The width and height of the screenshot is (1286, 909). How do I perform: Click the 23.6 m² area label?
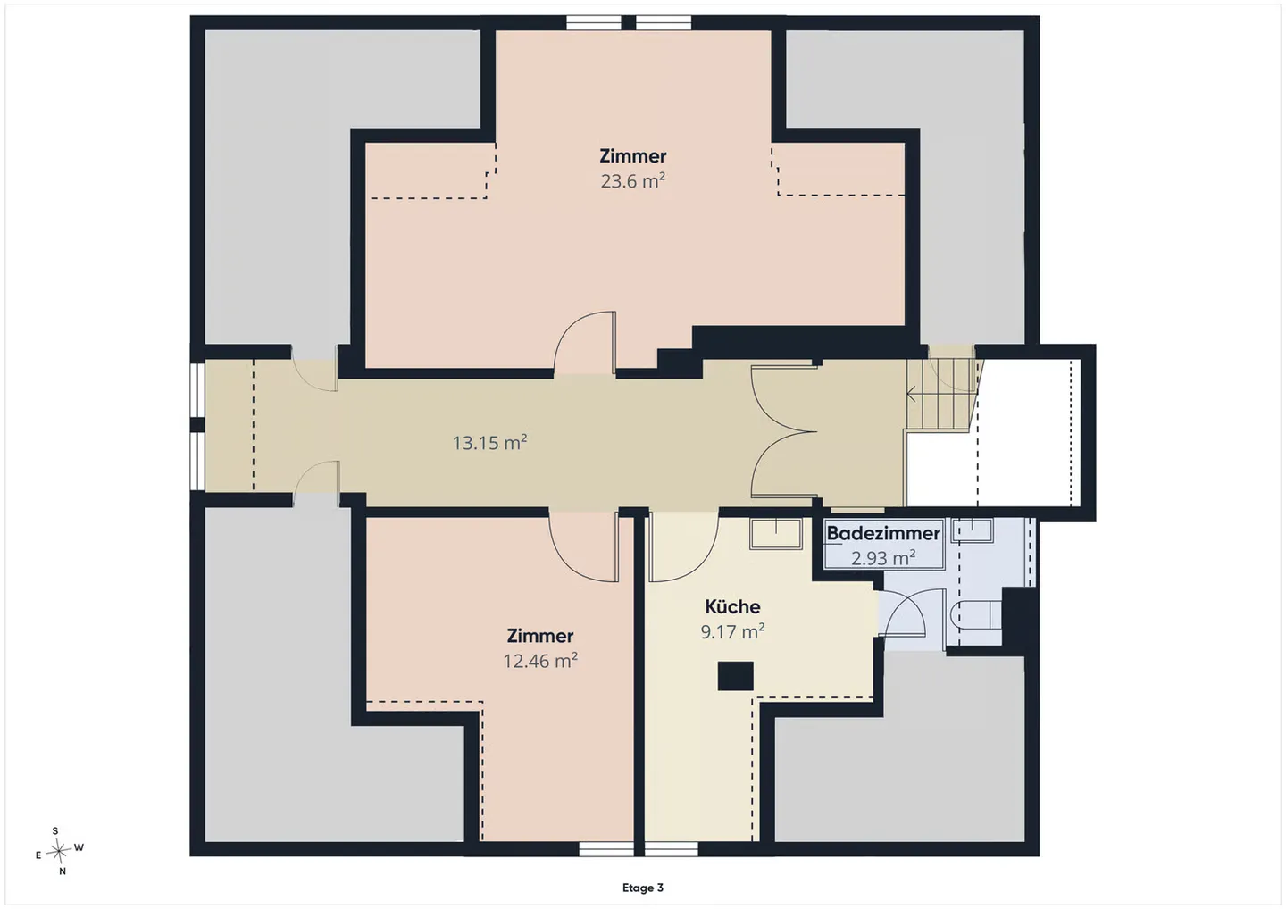(632, 180)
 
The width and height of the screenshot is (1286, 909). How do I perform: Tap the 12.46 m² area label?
(540, 661)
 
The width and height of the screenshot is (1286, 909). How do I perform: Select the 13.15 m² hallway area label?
(489, 443)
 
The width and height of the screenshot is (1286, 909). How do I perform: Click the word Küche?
(732, 606)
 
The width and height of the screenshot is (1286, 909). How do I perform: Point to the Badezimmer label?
(883, 532)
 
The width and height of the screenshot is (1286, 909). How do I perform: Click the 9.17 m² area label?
(732, 631)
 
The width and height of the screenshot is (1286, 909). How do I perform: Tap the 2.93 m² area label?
(883, 557)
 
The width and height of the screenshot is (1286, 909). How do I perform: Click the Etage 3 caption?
(642, 888)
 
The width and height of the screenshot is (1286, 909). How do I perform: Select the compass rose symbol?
(58, 851)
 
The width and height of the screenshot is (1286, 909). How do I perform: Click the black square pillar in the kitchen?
(736, 676)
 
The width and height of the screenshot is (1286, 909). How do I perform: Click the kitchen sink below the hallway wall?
(775, 533)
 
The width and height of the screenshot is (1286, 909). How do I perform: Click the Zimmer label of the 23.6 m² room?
(632, 156)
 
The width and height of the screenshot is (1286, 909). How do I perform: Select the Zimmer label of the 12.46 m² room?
(539, 636)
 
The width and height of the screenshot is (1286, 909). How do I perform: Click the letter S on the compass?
(55, 831)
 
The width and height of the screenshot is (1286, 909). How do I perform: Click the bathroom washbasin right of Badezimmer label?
(973, 530)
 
